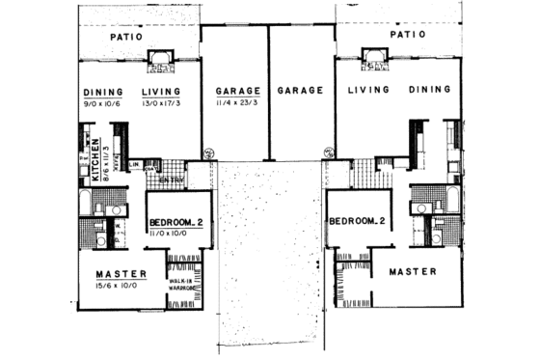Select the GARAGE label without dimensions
pos(299,90)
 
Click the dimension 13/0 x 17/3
pos(161,103)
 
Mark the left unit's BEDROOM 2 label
pos(174,223)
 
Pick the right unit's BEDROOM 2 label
pos(358,221)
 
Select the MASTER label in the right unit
pos(413,272)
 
